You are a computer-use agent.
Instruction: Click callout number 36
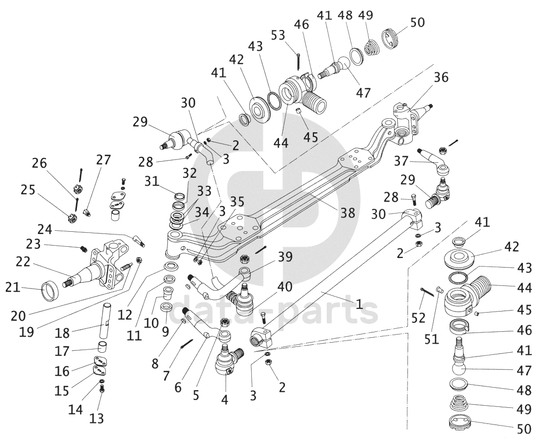(441, 77)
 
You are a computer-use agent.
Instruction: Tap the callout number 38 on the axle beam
(348, 213)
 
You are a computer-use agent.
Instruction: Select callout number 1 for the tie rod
(359, 304)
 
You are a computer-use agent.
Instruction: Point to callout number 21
(13, 287)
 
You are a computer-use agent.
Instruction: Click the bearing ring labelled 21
(51, 290)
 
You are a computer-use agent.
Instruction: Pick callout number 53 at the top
(278, 35)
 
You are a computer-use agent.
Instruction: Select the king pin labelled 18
(106, 322)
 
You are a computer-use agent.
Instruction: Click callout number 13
(96, 418)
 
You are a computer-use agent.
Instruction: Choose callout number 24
(45, 230)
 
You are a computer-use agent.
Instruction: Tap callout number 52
(418, 317)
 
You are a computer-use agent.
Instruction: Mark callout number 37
(401, 161)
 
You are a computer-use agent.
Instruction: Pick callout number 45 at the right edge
(524, 310)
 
